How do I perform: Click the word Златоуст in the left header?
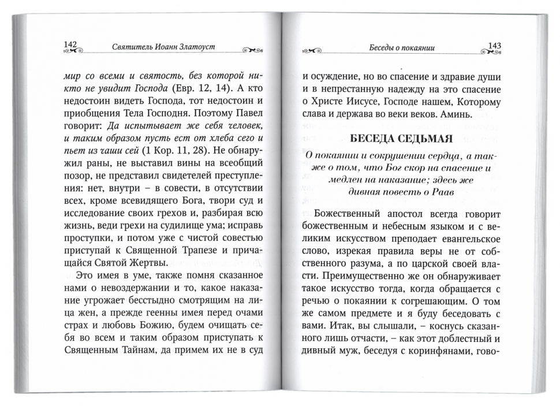point(194,46)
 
